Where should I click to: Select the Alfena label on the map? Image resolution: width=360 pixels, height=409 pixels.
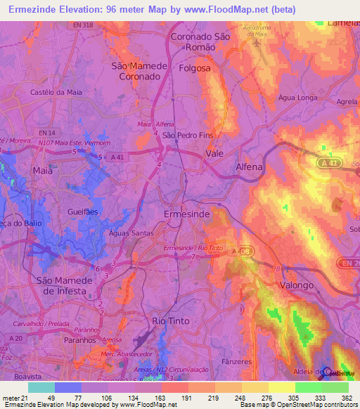[248, 167]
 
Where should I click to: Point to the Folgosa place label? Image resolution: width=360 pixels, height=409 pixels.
[195, 68]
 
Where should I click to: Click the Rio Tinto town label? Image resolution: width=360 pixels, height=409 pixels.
[172, 320]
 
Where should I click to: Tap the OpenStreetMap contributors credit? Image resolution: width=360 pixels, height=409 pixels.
[314, 405]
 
